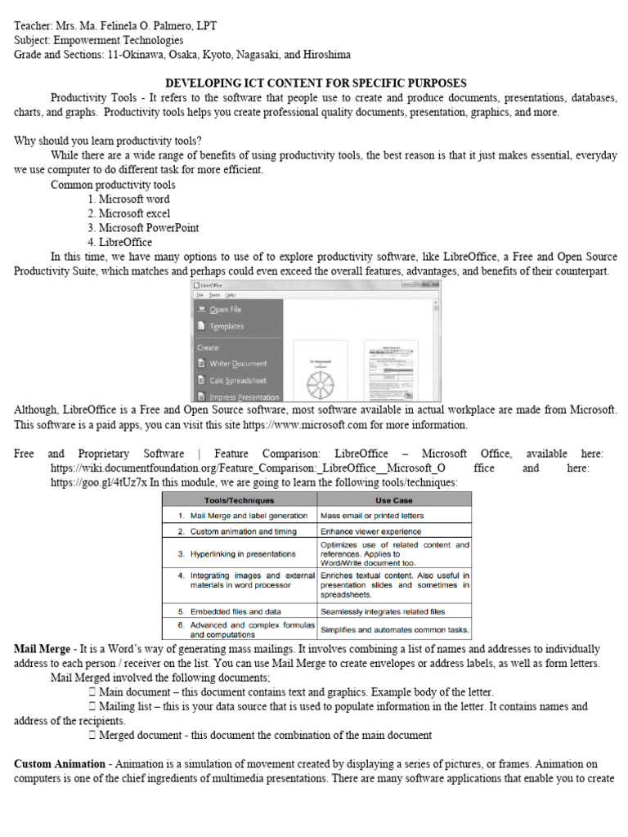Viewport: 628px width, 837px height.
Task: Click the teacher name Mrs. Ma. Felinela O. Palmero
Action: (139, 25)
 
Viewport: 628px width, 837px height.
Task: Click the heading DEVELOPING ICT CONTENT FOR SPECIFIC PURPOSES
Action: (316, 83)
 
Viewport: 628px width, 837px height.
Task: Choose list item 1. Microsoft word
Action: (128, 199)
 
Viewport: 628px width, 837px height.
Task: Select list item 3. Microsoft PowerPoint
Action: (143, 228)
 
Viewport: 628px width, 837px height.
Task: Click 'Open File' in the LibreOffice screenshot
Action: (225, 310)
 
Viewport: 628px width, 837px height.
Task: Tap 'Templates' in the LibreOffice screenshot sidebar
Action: (227, 326)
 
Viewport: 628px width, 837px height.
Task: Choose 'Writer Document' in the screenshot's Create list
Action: (237, 363)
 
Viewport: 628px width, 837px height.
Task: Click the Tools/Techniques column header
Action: (240, 499)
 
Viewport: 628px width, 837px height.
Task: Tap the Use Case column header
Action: (394, 499)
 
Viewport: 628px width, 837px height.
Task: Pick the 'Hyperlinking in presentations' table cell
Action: (243, 553)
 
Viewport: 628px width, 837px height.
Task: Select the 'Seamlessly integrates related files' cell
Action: (383, 611)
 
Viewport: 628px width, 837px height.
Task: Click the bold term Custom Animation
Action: (60, 763)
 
